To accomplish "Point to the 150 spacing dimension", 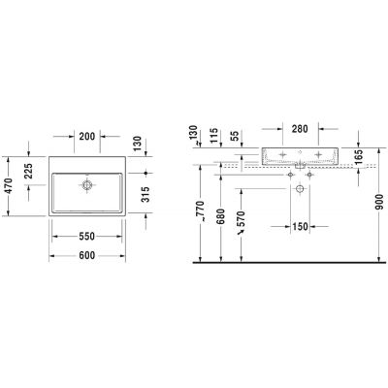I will [x=300, y=227].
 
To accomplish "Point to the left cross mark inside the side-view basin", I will [x=282, y=154].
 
